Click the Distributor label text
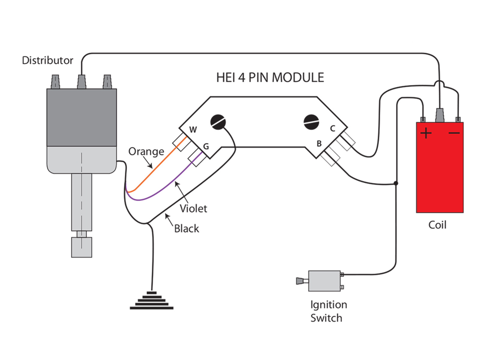[x=47, y=60]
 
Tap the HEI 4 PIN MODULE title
[x=270, y=78]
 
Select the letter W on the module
[x=193, y=130]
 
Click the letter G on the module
[x=206, y=146]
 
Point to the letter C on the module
[x=332, y=129]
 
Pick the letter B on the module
[x=319, y=144]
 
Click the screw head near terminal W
[x=218, y=122]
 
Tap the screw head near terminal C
[x=311, y=122]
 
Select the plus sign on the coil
[x=426, y=133]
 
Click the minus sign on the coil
[x=454, y=133]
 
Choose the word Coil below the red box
[x=437, y=225]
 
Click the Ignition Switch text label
[x=328, y=311]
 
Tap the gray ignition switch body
[x=324, y=281]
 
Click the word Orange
[x=146, y=151]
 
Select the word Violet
[x=193, y=208]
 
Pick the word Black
[x=186, y=229]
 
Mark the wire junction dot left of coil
[x=396, y=183]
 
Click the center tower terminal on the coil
[x=440, y=115]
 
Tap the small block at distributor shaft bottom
[x=82, y=247]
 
